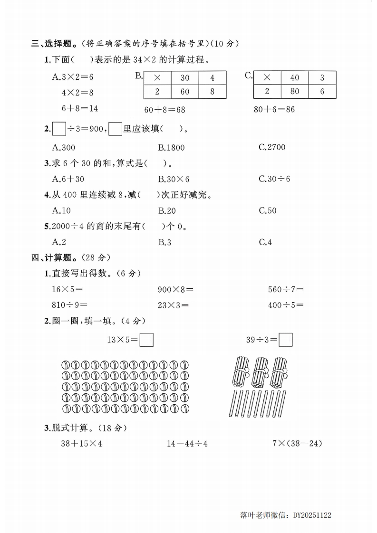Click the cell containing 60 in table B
[x=184, y=92]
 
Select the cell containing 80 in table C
[x=295, y=92]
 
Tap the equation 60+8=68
[x=164, y=110]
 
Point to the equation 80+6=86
[x=274, y=110]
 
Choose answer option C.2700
[x=272, y=147]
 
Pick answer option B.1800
[x=171, y=147]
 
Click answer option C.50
[x=268, y=210]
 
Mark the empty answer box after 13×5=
[x=146, y=340]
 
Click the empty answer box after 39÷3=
[x=286, y=340]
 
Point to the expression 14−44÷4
[x=187, y=444]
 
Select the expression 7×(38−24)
[x=297, y=444]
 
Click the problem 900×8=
[x=176, y=289]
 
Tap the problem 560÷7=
[x=286, y=289]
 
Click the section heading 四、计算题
[x=51, y=257]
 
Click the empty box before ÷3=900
[x=58, y=129]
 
